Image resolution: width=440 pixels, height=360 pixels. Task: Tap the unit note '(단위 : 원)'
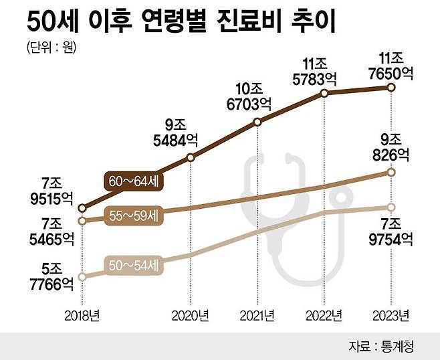coord(51,48)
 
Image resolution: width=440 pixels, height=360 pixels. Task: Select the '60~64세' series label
coord(133,181)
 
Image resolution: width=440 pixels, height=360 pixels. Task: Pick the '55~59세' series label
coord(133,216)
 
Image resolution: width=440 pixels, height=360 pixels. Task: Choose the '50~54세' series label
coord(133,266)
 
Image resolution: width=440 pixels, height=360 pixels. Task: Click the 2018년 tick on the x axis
coord(82,314)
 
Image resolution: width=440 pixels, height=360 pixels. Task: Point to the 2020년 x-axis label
coord(191,314)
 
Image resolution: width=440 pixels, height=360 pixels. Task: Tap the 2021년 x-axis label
coord(257,314)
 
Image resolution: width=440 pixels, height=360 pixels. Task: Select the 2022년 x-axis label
coord(324,314)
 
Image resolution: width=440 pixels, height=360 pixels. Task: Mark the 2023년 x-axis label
coord(391,314)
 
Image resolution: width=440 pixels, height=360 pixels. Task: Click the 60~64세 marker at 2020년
coord(191,158)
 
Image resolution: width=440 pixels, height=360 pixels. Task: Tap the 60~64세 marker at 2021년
coord(257,122)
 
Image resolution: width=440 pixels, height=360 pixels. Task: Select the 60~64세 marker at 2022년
coord(324,94)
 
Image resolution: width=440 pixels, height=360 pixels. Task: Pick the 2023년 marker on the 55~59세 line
coord(391,173)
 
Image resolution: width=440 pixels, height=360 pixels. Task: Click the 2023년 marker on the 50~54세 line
coord(391,207)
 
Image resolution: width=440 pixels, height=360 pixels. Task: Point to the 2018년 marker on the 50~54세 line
coord(82,276)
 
